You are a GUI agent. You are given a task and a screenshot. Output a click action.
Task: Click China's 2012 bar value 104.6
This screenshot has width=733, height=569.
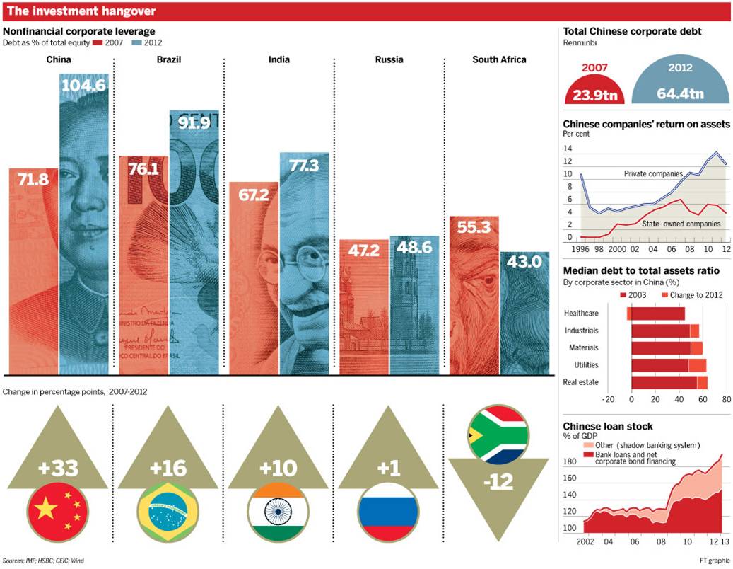[x=84, y=86]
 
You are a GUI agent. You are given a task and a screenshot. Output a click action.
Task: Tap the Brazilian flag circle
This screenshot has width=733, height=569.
[x=168, y=508]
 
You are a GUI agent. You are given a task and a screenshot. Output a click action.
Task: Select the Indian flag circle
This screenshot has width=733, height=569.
[x=278, y=508]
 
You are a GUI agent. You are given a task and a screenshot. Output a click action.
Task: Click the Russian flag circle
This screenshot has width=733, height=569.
[x=387, y=508]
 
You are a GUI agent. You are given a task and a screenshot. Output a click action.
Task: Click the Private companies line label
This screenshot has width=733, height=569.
[x=653, y=173]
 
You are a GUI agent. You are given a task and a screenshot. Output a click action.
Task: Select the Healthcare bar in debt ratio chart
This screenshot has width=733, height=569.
[x=657, y=314]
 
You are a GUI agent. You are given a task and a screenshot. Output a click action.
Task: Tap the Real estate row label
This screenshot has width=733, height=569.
[x=581, y=382]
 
